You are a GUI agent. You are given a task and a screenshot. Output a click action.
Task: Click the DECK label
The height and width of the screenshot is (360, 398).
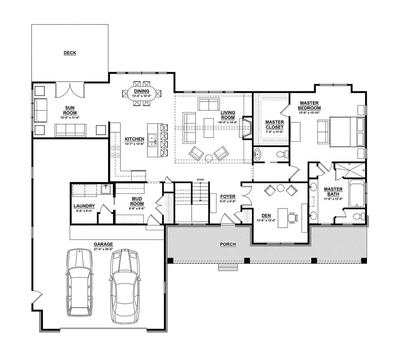pos(70,53)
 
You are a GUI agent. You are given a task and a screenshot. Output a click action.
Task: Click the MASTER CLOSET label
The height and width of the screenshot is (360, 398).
pos(274,124)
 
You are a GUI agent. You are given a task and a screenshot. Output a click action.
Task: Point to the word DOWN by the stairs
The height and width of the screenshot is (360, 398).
pos(200,180)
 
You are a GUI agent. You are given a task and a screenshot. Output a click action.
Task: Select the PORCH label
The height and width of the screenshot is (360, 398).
pos(228,244)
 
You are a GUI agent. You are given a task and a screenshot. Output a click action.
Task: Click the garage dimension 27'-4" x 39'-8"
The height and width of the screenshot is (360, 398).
pos(103,249)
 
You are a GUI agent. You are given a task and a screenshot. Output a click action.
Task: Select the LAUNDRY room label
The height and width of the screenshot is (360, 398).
pos(84,206)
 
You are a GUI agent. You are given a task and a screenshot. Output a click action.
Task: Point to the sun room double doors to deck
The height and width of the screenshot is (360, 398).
pos(70,90)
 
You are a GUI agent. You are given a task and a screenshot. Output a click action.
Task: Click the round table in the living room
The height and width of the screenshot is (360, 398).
pos(209,158)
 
